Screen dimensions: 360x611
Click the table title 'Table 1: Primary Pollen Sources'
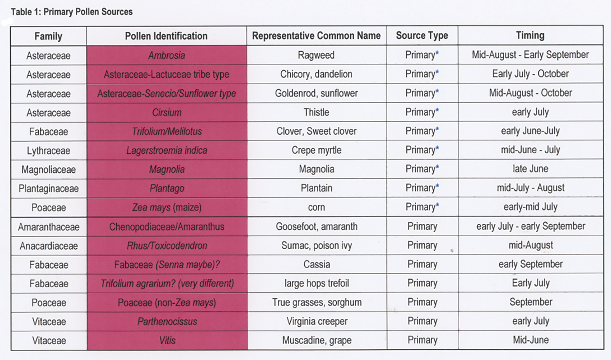click(72, 12)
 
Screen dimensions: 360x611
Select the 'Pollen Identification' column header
click(166, 36)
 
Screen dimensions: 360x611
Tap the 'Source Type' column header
click(422, 36)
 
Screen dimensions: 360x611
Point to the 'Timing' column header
click(530, 35)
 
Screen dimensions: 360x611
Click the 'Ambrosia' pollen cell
click(167, 55)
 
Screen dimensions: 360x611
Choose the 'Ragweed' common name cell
click(316, 55)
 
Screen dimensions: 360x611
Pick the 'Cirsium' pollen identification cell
click(167, 112)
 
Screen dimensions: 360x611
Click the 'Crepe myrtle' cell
click(316, 150)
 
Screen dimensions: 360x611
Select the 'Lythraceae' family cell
click(49, 150)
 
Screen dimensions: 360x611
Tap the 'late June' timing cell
click(530, 169)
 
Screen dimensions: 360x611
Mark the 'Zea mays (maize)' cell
click(167, 207)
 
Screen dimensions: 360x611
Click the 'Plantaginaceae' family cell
click(49, 188)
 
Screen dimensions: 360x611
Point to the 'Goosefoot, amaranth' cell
click(316, 226)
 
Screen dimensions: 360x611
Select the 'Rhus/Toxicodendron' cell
click(167, 246)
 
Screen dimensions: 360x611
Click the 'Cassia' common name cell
click(316, 264)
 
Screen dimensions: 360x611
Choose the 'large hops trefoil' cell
click(316, 283)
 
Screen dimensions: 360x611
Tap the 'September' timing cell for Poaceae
click(531, 302)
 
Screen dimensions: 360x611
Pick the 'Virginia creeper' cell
click(317, 321)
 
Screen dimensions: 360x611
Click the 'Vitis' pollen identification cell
click(167, 340)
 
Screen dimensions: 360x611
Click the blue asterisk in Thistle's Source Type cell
click(437, 111)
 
